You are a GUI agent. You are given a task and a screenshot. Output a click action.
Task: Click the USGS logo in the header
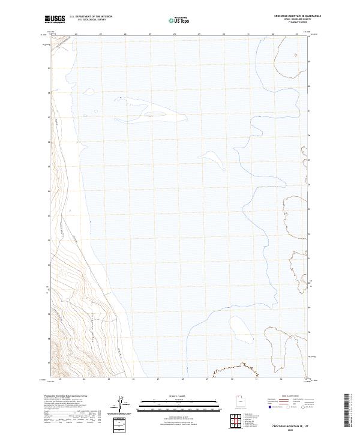click(55, 19)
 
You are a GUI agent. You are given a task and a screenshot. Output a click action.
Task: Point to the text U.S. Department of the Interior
click(91, 16)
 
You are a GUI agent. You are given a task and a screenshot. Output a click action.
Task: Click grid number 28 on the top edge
click(174, 34)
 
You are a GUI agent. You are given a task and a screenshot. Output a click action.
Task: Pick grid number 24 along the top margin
click(76, 34)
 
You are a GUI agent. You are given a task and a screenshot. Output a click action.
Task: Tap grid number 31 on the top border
click(248, 34)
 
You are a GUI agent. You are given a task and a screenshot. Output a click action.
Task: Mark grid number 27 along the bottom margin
click(158, 379)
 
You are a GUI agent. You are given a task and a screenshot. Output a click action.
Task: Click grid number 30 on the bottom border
click(232, 379)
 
